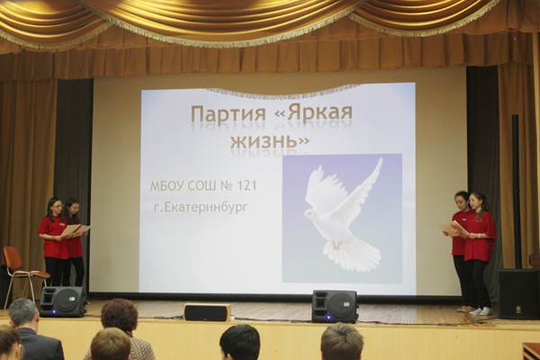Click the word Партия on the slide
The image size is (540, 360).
229,114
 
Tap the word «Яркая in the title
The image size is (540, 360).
314,113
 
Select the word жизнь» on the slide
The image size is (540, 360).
270,141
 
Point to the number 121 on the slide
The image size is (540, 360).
247,185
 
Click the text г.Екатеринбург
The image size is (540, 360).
201,208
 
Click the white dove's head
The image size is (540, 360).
308,214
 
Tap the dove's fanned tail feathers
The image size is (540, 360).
353,252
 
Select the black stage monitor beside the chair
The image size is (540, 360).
63,301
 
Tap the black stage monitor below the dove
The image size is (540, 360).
335,306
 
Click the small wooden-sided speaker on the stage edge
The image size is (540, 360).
207,311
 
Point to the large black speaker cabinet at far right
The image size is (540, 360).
518,293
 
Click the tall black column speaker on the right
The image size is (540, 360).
517,191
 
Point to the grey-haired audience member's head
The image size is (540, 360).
23,313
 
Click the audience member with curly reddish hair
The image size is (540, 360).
119,317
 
